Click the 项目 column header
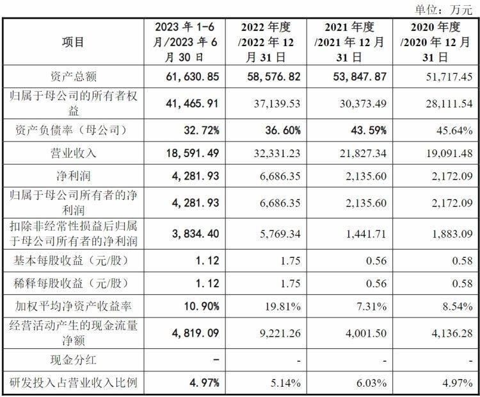(x=72, y=42)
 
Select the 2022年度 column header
(x=266, y=42)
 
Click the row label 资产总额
(x=72, y=76)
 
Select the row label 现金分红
(x=72, y=359)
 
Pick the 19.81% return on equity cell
(x=280, y=306)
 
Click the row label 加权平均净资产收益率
(x=72, y=306)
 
